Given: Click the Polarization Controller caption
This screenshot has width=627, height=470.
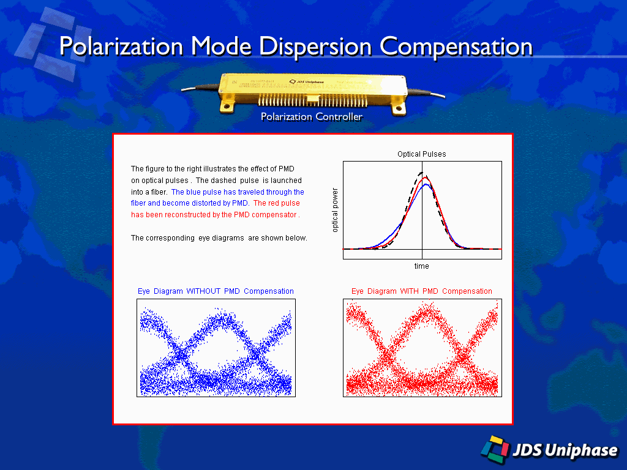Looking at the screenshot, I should [311, 116].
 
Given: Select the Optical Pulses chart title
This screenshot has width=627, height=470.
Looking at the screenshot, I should [422, 154].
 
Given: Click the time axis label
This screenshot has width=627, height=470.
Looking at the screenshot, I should [421, 266].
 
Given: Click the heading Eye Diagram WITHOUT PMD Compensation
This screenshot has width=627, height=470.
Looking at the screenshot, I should [216, 291].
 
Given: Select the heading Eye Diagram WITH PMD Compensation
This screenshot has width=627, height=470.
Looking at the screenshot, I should [422, 291].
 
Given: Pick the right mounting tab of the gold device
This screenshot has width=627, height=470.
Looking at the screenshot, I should [399, 108].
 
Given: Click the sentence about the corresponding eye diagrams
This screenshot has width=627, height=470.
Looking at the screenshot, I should [219, 238].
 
